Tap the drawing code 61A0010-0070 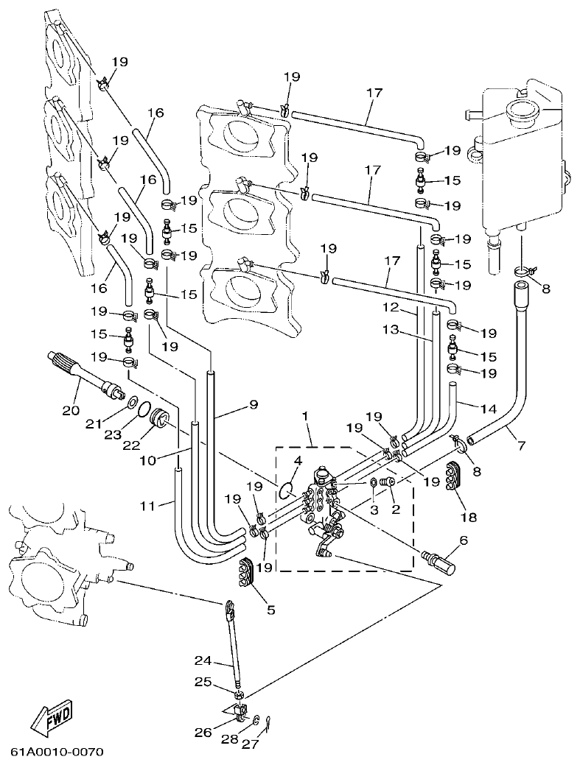57,752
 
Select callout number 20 71,410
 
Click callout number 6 463,540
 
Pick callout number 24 203,660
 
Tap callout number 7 521,445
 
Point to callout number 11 149,506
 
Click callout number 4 298,461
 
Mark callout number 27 250,744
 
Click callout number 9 253,404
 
